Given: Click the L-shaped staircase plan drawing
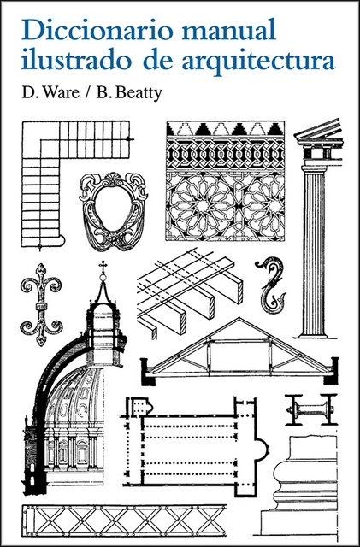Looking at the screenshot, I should click(51, 171).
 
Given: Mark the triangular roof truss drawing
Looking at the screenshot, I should click(239, 350).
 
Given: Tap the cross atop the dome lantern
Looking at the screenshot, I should click(103, 268).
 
